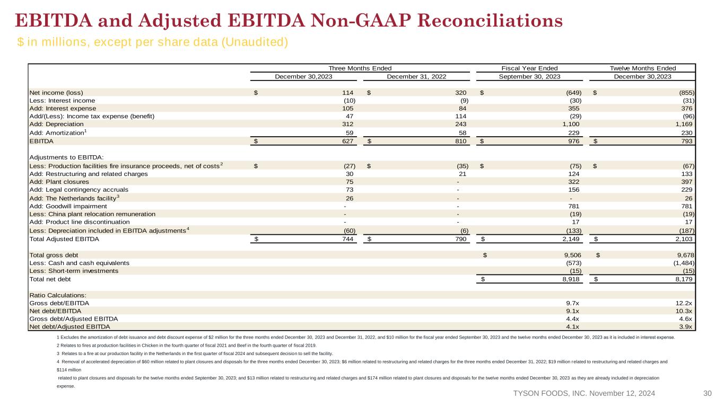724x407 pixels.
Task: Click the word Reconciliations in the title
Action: click(490, 21)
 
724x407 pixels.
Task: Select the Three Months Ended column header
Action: click(360, 68)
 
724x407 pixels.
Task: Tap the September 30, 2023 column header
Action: click(529, 76)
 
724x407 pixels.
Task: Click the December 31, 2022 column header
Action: click(416, 76)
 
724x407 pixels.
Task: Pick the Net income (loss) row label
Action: click(56, 93)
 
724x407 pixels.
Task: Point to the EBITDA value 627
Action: click(348, 141)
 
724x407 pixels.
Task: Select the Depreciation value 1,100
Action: click(571, 124)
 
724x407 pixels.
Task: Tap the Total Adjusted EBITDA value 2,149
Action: click(571, 239)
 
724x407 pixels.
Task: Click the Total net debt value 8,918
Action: click(571, 279)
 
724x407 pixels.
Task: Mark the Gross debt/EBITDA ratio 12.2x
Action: click(684, 303)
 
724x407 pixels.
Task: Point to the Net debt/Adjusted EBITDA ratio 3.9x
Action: click(685, 326)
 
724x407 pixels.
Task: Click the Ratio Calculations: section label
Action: click(58, 295)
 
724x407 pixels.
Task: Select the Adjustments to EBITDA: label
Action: click(67, 157)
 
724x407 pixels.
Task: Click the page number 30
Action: click(708, 393)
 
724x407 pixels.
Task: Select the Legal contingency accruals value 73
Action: click(350, 190)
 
